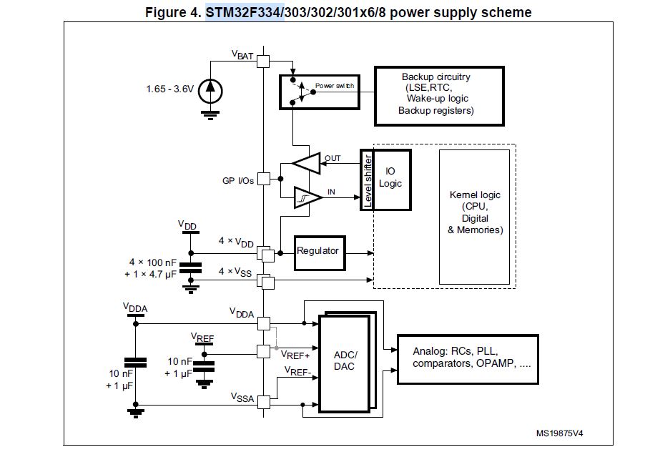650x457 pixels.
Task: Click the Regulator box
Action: pos(320,251)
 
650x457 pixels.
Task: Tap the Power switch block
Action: pos(318,90)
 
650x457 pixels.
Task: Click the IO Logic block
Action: pos(391,179)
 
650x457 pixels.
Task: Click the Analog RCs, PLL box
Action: pos(467,358)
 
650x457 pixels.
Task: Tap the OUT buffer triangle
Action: pos(307,163)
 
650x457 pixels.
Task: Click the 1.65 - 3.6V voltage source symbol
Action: pos(210,89)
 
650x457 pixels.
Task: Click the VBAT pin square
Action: pos(263,62)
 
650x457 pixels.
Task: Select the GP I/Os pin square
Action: pos(264,179)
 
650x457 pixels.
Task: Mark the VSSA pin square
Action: pos(264,401)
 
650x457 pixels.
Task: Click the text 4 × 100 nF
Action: pos(153,262)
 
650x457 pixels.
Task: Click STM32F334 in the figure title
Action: pos(245,12)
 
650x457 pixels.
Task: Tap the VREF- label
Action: pos(297,370)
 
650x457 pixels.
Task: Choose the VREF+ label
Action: pos(295,353)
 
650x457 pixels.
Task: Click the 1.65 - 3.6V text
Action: pos(169,89)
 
